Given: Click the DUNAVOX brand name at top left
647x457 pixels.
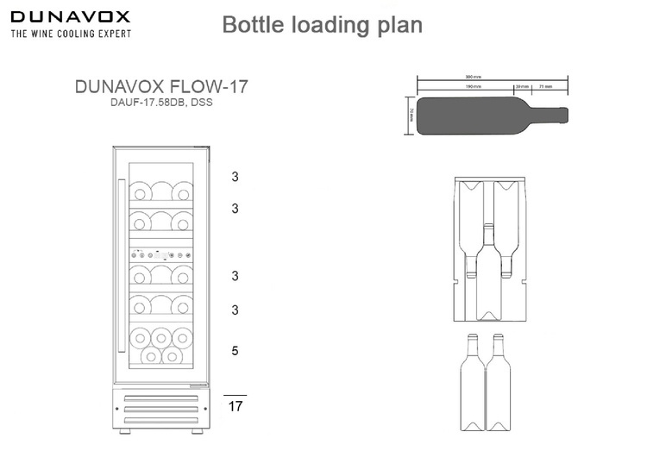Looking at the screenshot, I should [71, 16].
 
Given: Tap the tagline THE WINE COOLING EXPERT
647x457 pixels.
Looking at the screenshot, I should [71, 34].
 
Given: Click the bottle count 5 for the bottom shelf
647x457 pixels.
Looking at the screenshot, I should [235, 351].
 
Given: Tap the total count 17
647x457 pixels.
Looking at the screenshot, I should [235, 405].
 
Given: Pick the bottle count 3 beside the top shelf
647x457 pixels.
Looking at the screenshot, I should [235, 178].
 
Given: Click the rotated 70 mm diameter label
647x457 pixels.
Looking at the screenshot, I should [411, 115].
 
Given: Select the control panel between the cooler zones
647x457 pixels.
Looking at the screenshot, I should [161, 254].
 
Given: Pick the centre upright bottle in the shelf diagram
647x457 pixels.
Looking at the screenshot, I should [489, 276].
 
